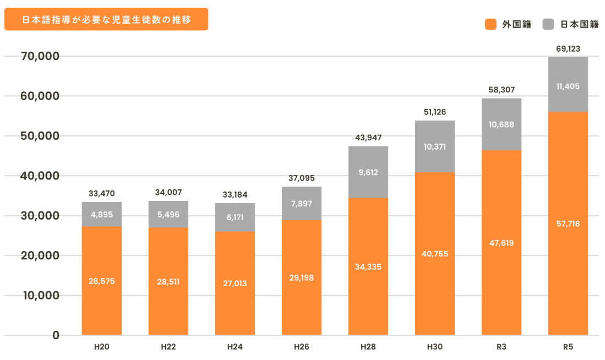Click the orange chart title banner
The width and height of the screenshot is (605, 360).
pyautogui.click(x=106, y=19)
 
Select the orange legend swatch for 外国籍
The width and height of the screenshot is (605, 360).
pyautogui.click(x=491, y=24)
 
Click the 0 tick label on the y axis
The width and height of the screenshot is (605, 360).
pyautogui.click(x=56, y=335)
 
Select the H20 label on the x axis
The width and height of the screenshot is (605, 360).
pyautogui.click(x=101, y=347)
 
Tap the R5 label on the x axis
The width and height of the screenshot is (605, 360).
pyautogui.click(x=568, y=347)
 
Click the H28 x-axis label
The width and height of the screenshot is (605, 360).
pyautogui.click(x=368, y=347)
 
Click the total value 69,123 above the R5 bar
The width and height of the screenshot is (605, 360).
pyautogui.click(x=568, y=49)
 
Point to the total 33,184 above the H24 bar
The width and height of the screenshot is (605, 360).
pyautogui.click(x=235, y=194)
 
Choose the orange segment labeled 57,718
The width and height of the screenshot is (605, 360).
pyautogui.click(x=568, y=223)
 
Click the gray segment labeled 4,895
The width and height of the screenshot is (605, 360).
pyautogui.click(x=102, y=215)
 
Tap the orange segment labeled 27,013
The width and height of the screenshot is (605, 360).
pyautogui.click(x=235, y=283)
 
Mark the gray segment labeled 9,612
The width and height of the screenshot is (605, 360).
pyautogui.click(x=368, y=172)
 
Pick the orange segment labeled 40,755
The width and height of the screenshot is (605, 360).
pyautogui.click(x=435, y=254)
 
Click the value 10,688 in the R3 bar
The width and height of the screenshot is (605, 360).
pyautogui.click(x=502, y=124)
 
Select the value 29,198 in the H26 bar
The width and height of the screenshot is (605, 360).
pyautogui.click(x=302, y=278)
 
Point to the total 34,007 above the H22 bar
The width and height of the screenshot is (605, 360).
pyautogui.click(x=168, y=193)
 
